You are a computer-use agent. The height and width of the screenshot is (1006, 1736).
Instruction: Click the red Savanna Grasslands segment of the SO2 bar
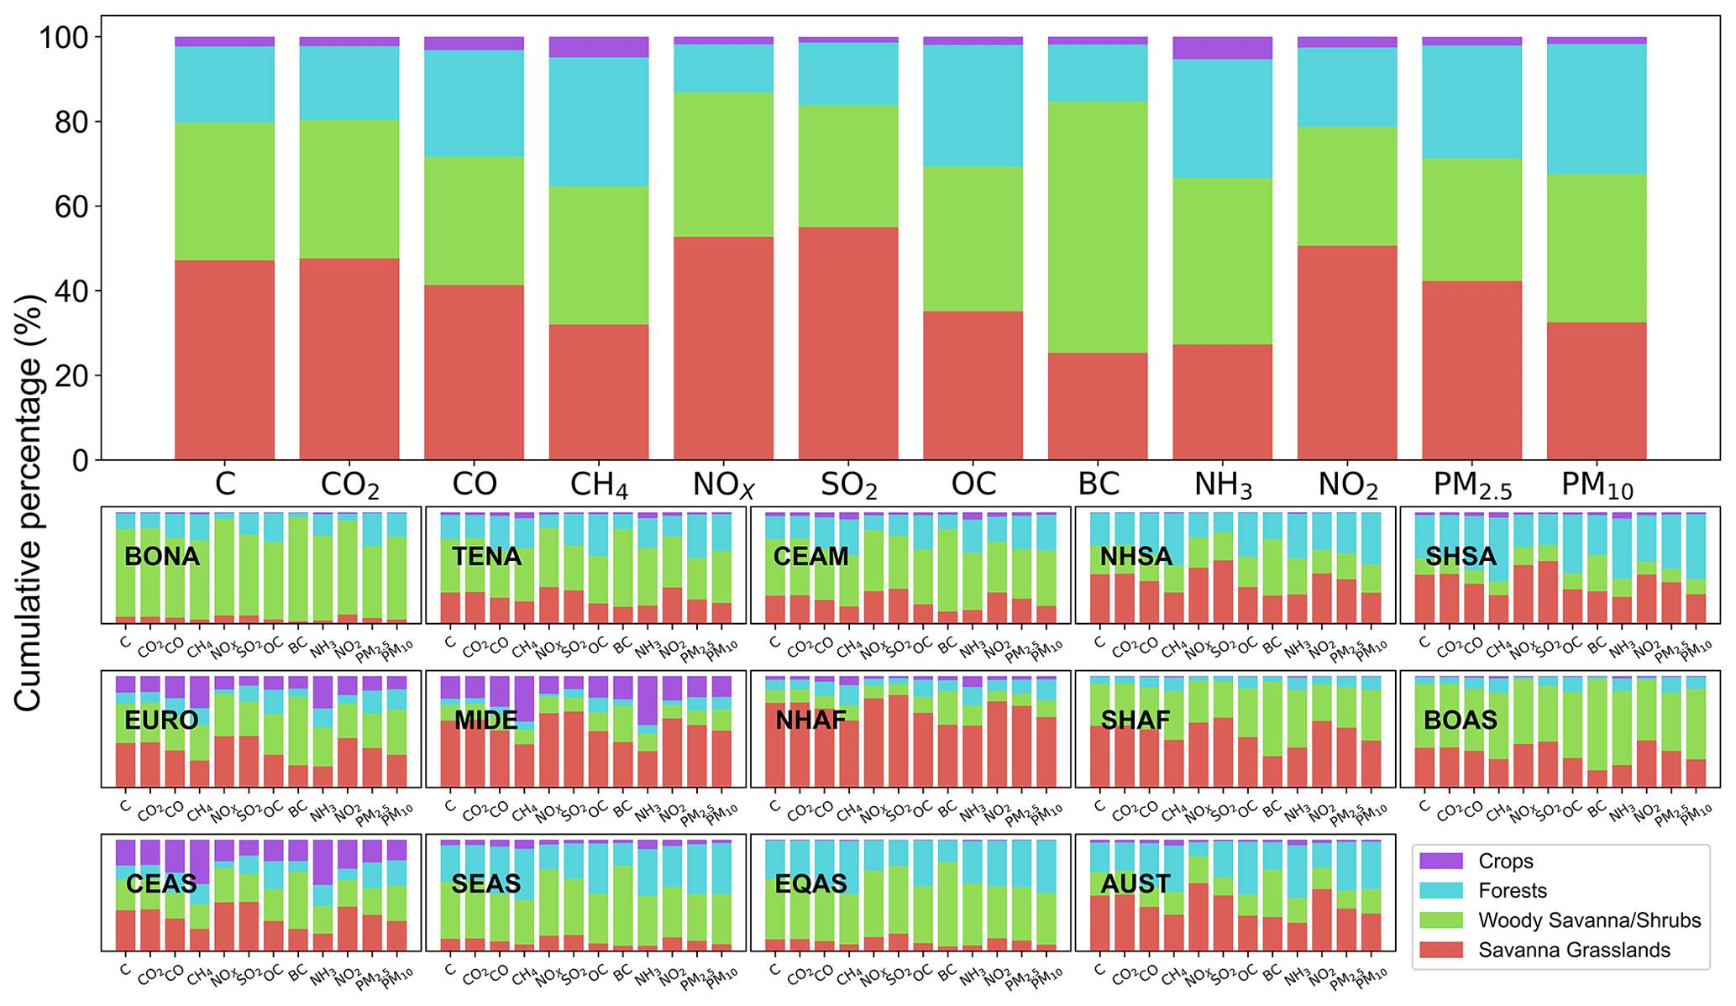click(x=848, y=344)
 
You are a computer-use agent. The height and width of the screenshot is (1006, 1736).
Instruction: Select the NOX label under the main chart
click(x=724, y=485)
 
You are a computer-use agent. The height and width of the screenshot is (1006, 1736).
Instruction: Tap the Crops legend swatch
click(x=1441, y=862)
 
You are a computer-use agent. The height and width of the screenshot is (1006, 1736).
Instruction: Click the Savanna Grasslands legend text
click(x=1574, y=950)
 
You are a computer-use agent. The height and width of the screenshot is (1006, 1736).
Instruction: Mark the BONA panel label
click(x=162, y=557)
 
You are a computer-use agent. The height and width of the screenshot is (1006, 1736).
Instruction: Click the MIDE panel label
click(x=485, y=720)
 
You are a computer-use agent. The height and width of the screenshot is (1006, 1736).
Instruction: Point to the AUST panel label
click(x=1135, y=883)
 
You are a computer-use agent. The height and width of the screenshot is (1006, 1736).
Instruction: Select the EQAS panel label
click(x=811, y=883)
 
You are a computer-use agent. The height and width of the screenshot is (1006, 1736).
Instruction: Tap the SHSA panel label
click(x=1461, y=557)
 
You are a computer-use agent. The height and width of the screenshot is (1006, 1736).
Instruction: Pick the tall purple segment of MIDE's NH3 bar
click(x=647, y=699)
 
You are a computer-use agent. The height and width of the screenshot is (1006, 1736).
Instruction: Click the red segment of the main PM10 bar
click(x=1596, y=390)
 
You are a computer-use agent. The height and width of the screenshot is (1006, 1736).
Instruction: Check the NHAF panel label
click(x=810, y=720)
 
